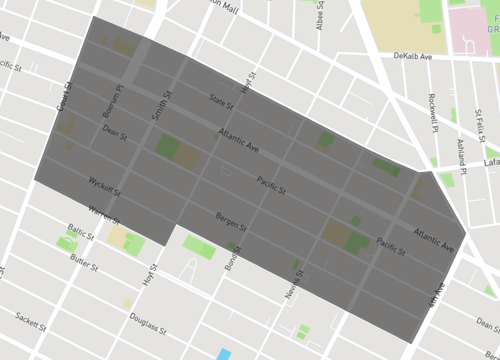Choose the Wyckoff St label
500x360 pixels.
pos(104,187)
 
